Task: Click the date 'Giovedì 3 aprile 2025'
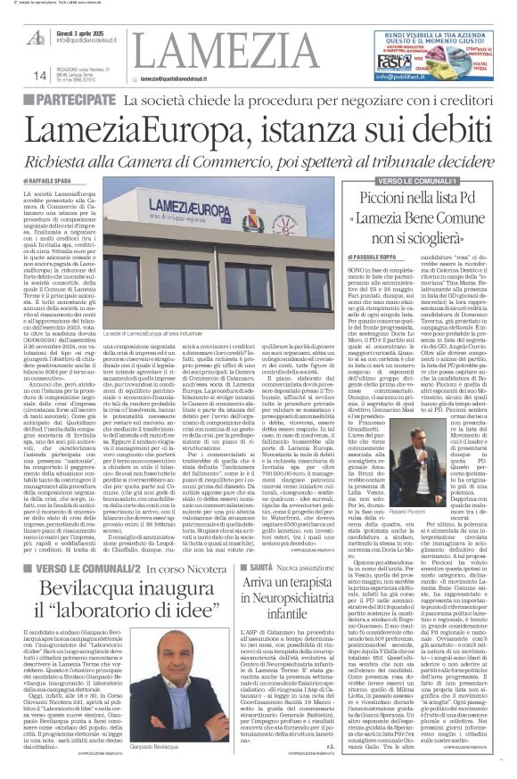[84, 30]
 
